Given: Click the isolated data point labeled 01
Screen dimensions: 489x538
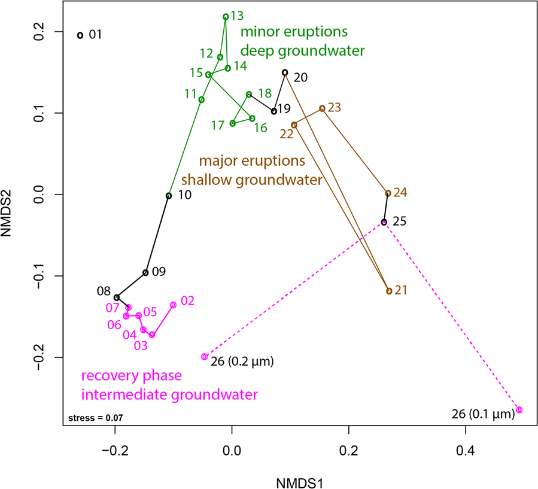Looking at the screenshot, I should click(x=80, y=35).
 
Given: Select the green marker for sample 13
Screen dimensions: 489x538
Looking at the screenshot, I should click(x=226, y=17).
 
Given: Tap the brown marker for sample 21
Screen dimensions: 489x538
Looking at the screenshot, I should click(x=389, y=291).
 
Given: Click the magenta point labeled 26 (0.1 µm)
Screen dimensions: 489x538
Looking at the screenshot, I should click(x=519, y=410).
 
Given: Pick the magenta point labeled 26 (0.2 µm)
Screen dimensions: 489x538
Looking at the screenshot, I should click(x=205, y=357).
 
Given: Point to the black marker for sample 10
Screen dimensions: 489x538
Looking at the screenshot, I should click(x=169, y=196).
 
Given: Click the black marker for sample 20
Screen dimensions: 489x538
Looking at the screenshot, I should click(x=285, y=72).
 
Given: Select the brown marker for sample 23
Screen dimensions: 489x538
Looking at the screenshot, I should click(x=322, y=108).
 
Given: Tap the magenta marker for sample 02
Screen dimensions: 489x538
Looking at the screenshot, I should click(x=174, y=305).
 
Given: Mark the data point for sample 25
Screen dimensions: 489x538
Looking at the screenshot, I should click(x=384, y=222).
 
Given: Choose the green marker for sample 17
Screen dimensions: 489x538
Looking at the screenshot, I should click(x=233, y=123).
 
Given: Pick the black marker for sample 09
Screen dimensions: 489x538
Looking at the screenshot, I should click(x=145, y=273).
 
